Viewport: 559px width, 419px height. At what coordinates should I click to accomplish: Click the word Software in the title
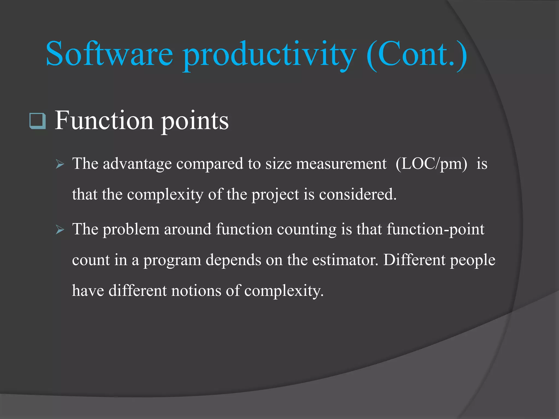tap(109, 54)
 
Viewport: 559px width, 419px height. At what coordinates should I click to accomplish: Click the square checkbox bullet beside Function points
tap(37, 121)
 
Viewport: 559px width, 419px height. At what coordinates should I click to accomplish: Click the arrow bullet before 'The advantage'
tap(60, 164)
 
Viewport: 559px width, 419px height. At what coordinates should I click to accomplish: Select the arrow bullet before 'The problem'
tap(60, 230)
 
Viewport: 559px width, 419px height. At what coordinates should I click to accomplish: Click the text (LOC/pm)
tap(431, 164)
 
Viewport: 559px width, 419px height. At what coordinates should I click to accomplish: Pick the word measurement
tap(341, 164)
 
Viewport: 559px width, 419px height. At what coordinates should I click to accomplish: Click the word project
tap(275, 195)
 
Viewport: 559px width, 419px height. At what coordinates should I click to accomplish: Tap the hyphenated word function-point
tap(435, 229)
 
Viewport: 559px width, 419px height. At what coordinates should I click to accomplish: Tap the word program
tap(172, 261)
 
